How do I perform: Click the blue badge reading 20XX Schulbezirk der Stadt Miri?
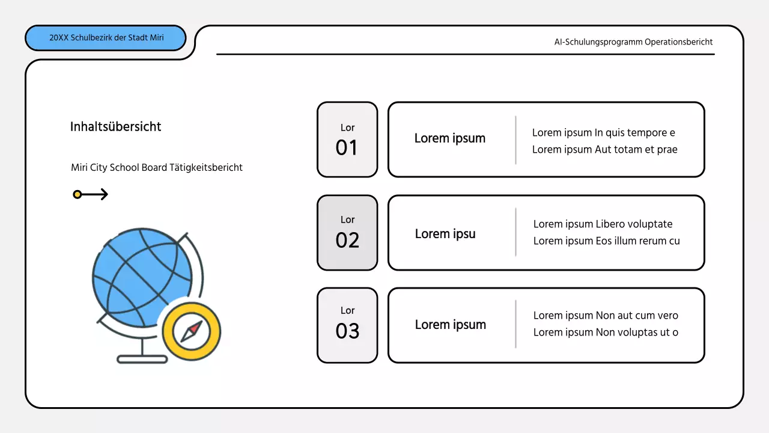point(106,38)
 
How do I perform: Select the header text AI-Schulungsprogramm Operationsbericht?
point(633,42)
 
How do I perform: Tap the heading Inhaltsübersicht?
point(115,127)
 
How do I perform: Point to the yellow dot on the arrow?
point(77,194)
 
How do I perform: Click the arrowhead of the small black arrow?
point(105,194)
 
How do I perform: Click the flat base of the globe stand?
point(142,360)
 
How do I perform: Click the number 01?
point(347,148)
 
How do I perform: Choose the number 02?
point(347,241)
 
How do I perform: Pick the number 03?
point(347,331)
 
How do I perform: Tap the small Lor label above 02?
point(347,220)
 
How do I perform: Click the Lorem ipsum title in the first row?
point(450,138)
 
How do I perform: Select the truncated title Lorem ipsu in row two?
point(445,234)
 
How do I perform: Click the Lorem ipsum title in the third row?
point(451,325)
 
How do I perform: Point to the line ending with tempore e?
point(603,133)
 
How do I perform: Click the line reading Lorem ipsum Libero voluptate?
point(603,224)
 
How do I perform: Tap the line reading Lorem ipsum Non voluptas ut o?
point(606,333)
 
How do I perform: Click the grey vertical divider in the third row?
point(515,324)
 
